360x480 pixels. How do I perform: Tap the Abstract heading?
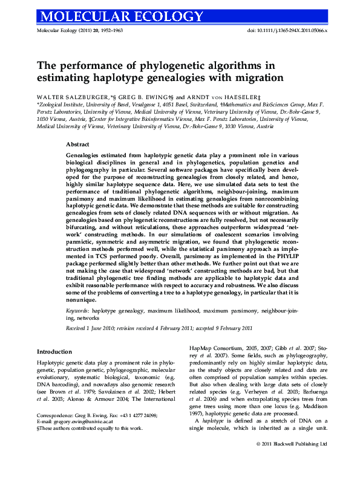pos(77,145)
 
